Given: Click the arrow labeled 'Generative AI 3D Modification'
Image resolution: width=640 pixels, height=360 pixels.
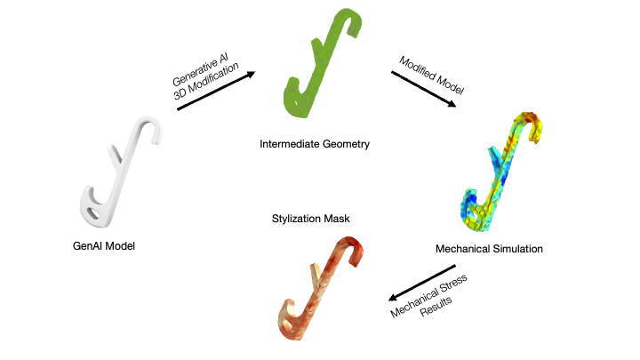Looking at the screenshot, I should click(216, 92).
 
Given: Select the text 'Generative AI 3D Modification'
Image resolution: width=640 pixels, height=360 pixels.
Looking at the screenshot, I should click(206, 77).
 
